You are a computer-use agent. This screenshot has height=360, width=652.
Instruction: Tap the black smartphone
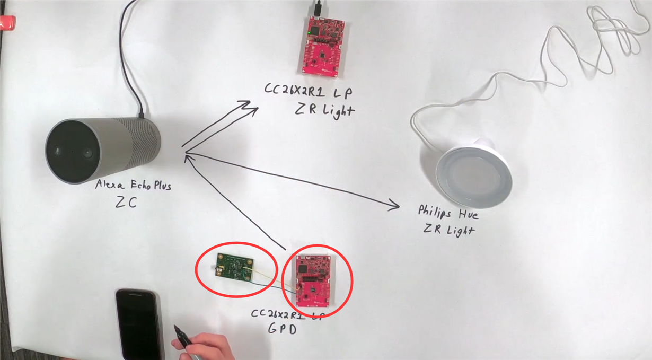tap(138, 323)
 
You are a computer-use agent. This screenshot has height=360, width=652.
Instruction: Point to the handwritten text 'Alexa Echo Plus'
tap(133, 186)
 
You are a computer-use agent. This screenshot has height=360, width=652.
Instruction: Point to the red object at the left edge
tap(7, 22)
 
